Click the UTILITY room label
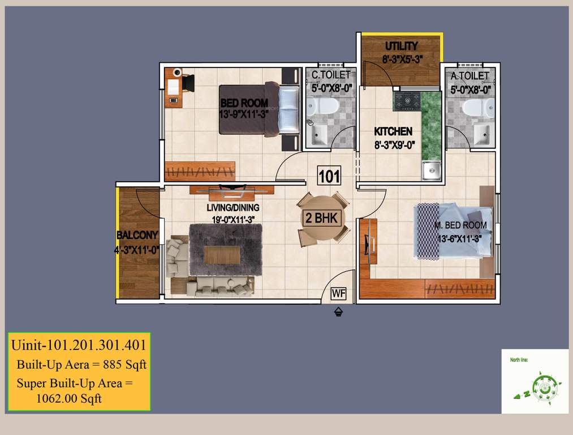point(401,46)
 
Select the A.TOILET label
point(470,75)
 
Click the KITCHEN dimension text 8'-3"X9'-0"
point(395,144)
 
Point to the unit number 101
point(329,176)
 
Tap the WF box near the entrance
point(338,293)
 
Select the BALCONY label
point(137,235)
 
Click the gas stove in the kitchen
point(407,101)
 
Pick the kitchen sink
point(432,170)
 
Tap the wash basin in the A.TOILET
point(481,134)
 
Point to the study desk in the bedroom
point(174,88)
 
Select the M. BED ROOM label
point(460,225)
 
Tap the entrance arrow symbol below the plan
point(338,310)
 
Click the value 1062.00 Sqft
point(69,398)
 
